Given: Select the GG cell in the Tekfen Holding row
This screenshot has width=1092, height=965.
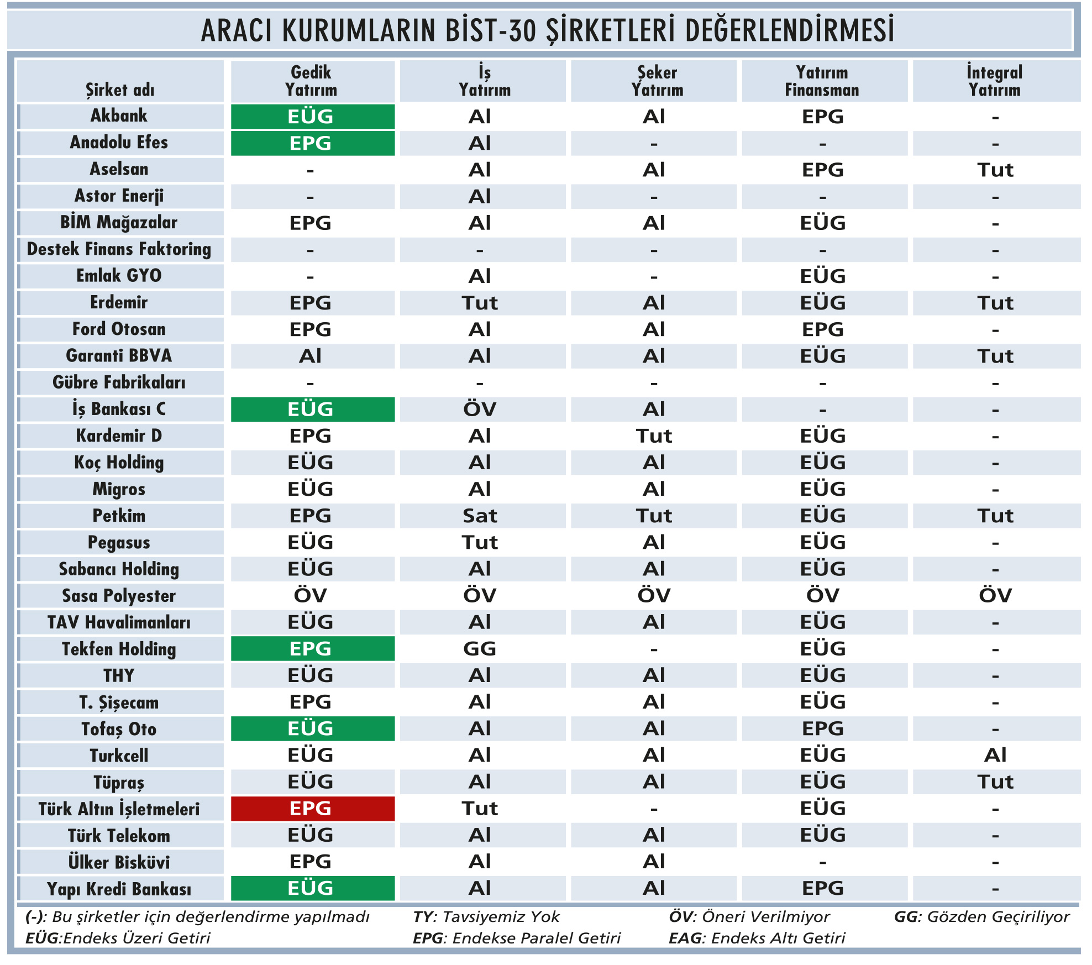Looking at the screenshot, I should point(480,649).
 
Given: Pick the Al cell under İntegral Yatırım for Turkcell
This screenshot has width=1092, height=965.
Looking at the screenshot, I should point(995,756).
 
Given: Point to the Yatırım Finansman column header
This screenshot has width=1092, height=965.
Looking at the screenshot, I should point(822,81).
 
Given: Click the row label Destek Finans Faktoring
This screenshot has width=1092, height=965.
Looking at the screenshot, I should point(119,249).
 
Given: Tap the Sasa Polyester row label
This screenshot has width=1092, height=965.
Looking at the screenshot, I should point(119,596).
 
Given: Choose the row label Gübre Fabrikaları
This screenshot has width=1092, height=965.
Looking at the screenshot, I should point(119,382).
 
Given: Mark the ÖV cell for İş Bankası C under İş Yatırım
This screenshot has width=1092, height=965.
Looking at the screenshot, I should point(480,410).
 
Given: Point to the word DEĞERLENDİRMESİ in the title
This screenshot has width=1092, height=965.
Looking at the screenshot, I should point(790,30).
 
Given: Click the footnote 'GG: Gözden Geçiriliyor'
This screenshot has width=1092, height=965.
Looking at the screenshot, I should point(981,917).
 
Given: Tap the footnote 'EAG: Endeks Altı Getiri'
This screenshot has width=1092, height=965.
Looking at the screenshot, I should point(757,938).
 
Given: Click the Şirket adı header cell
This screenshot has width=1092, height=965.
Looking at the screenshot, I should point(120,90).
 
